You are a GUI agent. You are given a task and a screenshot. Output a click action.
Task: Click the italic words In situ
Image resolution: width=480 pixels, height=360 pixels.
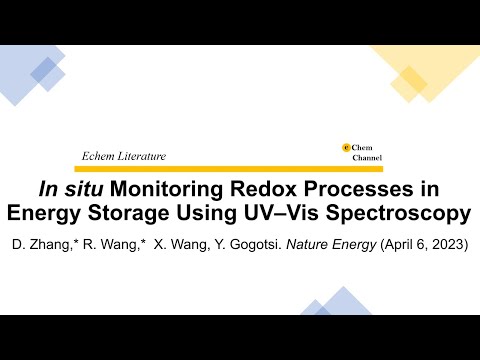[x=65, y=189]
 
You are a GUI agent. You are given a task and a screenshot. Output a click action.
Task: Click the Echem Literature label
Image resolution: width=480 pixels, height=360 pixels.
[x=123, y=156]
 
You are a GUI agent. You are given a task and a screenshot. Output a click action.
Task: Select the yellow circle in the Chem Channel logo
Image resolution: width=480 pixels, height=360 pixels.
[x=346, y=148]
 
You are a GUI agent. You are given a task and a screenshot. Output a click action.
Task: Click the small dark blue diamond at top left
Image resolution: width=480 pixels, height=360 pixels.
[x=44, y=69]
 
